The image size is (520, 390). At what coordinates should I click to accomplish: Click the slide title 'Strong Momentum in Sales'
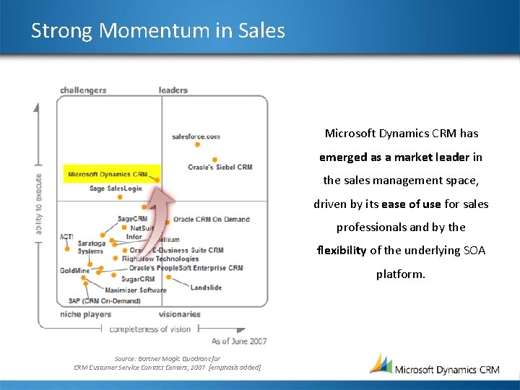click(158, 31)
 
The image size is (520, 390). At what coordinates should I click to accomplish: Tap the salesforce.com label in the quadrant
click(196, 136)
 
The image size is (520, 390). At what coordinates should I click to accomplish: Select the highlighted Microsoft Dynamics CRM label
click(108, 174)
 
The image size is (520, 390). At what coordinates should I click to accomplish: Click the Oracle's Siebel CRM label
click(220, 167)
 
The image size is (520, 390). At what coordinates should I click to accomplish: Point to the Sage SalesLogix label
click(116, 188)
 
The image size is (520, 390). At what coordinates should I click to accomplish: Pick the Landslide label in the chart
click(206, 287)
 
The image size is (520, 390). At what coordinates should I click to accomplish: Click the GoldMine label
click(74, 270)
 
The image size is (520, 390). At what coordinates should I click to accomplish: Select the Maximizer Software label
click(136, 290)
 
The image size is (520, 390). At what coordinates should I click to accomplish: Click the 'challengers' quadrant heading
click(83, 90)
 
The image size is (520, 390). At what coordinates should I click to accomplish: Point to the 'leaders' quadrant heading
click(173, 90)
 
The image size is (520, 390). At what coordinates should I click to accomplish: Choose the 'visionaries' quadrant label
click(180, 314)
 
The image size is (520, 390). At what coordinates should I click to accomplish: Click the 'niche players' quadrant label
click(86, 314)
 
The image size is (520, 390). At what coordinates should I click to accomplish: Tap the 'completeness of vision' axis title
click(150, 329)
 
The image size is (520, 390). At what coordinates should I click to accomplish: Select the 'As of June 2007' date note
click(239, 341)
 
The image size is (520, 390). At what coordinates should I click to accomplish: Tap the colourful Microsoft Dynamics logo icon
click(381, 363)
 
